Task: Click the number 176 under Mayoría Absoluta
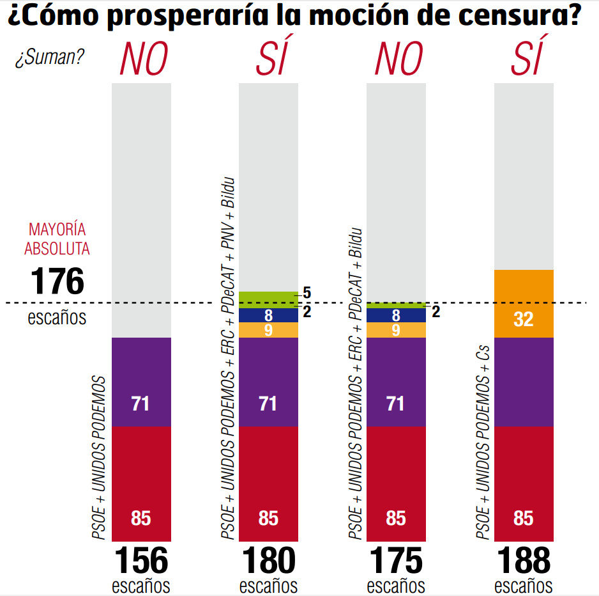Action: tap(57, 281)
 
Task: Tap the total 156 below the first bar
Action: tap(141, 561)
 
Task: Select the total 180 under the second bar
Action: tap(268, 561)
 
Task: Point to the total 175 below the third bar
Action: tap(396, 561)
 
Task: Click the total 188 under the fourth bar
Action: tap(523, 561)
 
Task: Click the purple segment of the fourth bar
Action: tap(524, 382)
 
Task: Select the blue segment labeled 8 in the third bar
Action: tap(396, 315)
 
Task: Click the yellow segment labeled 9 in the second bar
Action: tap(268, 330)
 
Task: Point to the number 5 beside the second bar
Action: tap(307, 293)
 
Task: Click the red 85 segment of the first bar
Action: tap(141, 484)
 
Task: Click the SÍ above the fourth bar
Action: tap(527, 59)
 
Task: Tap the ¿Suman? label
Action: tap(50, 58)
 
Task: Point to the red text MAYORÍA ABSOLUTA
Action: tap(58, 239)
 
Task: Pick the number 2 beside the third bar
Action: tap(436, 312)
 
